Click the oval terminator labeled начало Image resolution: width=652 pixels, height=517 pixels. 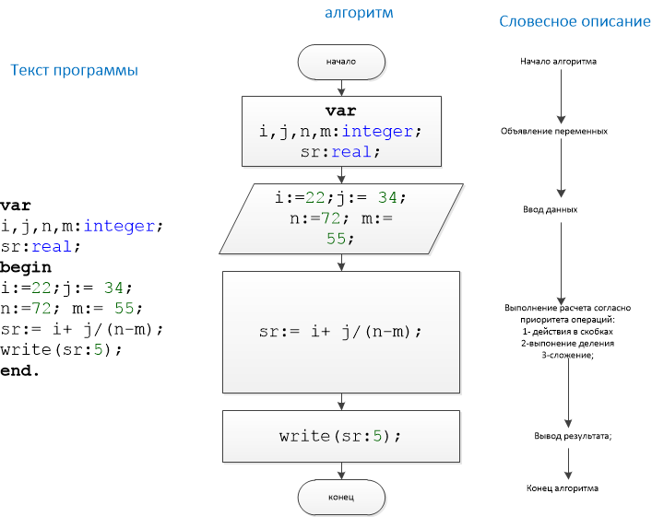[341, 62]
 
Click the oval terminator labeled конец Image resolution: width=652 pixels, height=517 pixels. [341, 498]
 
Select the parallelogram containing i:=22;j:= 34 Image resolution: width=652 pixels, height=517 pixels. [340, 218]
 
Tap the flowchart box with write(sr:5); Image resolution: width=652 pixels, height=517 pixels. [341, 436]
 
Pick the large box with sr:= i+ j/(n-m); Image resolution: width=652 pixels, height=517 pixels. [341, 332]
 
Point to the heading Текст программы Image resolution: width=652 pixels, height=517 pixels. [75, 70]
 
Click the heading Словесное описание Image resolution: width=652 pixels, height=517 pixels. [575, 21]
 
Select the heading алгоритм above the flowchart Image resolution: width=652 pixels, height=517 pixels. [359, 13]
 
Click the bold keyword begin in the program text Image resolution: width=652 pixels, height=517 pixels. [26, 267]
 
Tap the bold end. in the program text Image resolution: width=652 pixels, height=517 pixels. [20, 370]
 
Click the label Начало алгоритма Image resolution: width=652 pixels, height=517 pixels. [558, 62]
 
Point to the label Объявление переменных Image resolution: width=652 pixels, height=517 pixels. [554, 131]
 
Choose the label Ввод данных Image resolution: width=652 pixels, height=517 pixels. [551, 209]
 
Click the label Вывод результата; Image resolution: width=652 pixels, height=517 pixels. [573, 435]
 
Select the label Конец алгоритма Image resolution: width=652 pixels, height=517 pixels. [563, 488]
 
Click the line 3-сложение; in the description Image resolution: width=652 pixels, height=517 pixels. [567, 353]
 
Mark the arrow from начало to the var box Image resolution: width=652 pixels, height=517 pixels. [341, 86]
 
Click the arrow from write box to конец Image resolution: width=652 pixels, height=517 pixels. [341, 472]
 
